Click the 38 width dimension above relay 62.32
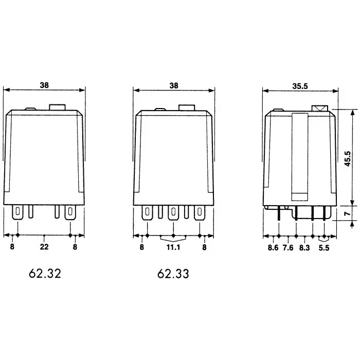45,86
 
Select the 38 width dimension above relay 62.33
174,86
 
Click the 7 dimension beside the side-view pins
348,213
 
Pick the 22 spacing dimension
45,247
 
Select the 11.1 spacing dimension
174,247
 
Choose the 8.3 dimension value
304,247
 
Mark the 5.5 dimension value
324,247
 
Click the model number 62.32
45,274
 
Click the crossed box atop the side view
320,109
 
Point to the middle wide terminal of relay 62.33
174,212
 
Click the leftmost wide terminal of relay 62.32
18,212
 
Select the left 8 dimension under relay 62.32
12,247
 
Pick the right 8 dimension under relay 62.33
204,247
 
